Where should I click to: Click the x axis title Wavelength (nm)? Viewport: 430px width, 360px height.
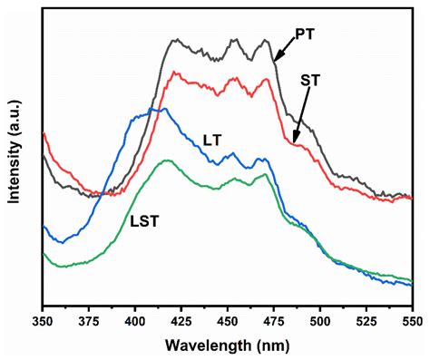point(228,345)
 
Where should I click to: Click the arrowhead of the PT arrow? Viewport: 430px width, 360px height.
point(276,61)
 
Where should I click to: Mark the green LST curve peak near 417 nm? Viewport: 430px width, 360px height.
point(166,161)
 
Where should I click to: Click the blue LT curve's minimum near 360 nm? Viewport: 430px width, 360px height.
point(60,242)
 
